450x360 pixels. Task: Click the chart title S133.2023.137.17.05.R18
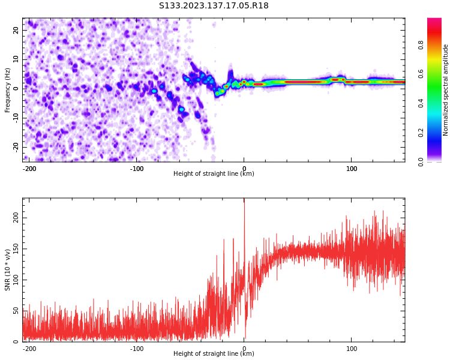click(214, 6)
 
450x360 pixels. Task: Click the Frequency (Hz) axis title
click(8, 90)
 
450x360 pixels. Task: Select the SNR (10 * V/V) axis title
click(8, 270)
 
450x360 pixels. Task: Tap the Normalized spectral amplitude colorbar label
click(446, 90)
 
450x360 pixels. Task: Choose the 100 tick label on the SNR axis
click(14, 280)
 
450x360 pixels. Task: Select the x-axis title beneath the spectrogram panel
click(214, 174)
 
